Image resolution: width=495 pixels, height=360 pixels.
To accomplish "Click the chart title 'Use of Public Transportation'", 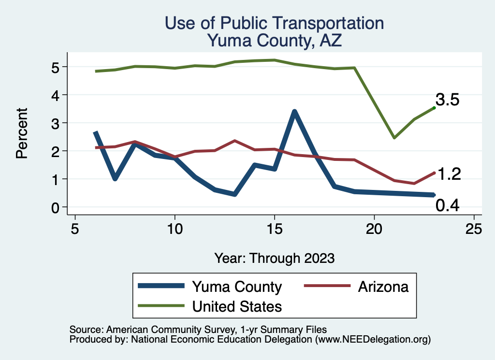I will (x=274, y=23).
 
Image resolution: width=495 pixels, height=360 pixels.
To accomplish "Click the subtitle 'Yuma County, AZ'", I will (x=274, y=40).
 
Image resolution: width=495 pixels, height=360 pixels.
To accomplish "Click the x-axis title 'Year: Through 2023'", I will (x=274, y=258).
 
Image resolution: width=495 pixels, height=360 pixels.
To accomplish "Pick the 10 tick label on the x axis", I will (x=175, y=228).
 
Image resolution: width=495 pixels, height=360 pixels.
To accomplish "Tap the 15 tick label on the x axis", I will (x=275, y=228).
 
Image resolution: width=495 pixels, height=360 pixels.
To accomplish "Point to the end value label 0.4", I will (x=447, y=206).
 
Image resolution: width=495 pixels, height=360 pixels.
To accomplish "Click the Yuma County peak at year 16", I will (x=294, y=112).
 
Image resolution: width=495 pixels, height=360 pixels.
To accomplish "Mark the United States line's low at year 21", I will (x=394, y=138).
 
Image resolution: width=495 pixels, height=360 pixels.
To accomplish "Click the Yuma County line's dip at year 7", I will (x=115, y=179).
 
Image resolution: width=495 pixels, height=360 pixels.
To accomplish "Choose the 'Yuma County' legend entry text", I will (x=237, y=287).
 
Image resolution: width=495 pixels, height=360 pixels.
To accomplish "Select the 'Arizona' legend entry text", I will (x=383, y=287).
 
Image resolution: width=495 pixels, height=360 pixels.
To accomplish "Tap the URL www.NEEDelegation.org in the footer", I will (x=373, y=340).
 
